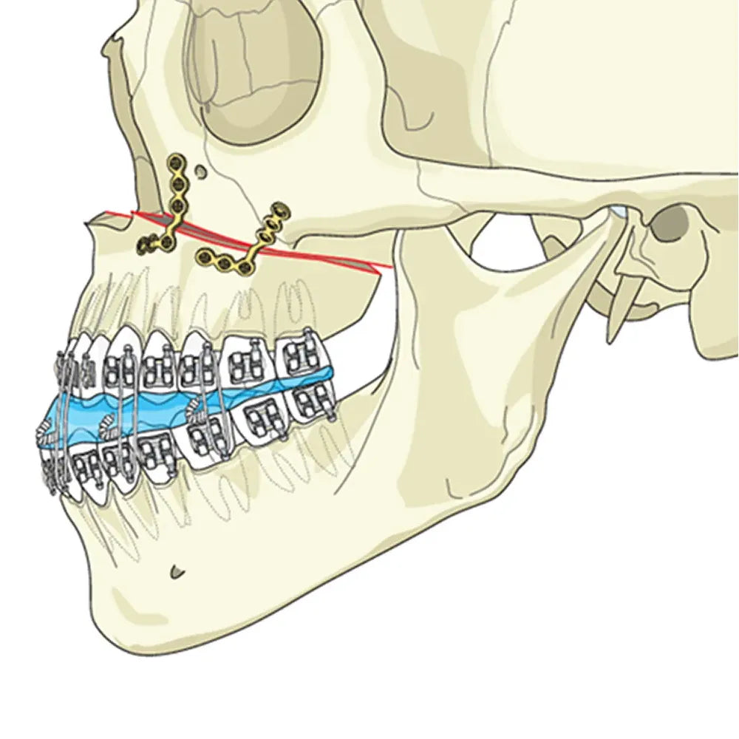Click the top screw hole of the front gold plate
tap(176, 160)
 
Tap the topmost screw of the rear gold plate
tap(282, 210)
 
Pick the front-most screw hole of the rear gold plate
tap(202, 256)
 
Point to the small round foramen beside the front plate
tap(200, 171)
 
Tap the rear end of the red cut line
tap(390, 268)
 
